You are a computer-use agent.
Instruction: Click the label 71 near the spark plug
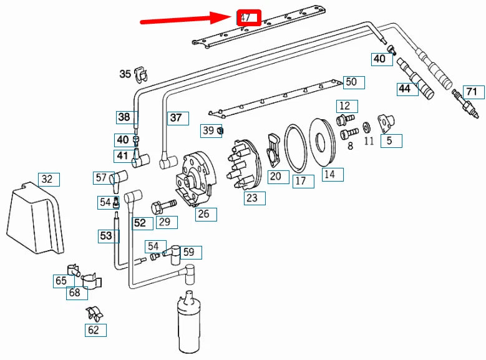coord(472,92)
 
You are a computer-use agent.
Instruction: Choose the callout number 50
coord(351,82)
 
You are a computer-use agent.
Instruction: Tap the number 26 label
coord(203,215)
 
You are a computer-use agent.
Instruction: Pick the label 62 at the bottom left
coord(94,330)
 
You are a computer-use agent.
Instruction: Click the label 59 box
coord(188,253)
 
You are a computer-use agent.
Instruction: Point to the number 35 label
coord(125,74)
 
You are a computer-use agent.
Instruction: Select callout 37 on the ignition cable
coord(177,117)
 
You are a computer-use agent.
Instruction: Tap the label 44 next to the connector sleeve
coord(406,89)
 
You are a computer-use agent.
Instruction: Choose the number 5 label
coord(390,140)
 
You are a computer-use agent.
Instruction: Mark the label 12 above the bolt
coord(345,105)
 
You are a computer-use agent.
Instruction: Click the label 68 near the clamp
coord(75,293)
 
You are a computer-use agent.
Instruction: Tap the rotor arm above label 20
coord(274,149)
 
